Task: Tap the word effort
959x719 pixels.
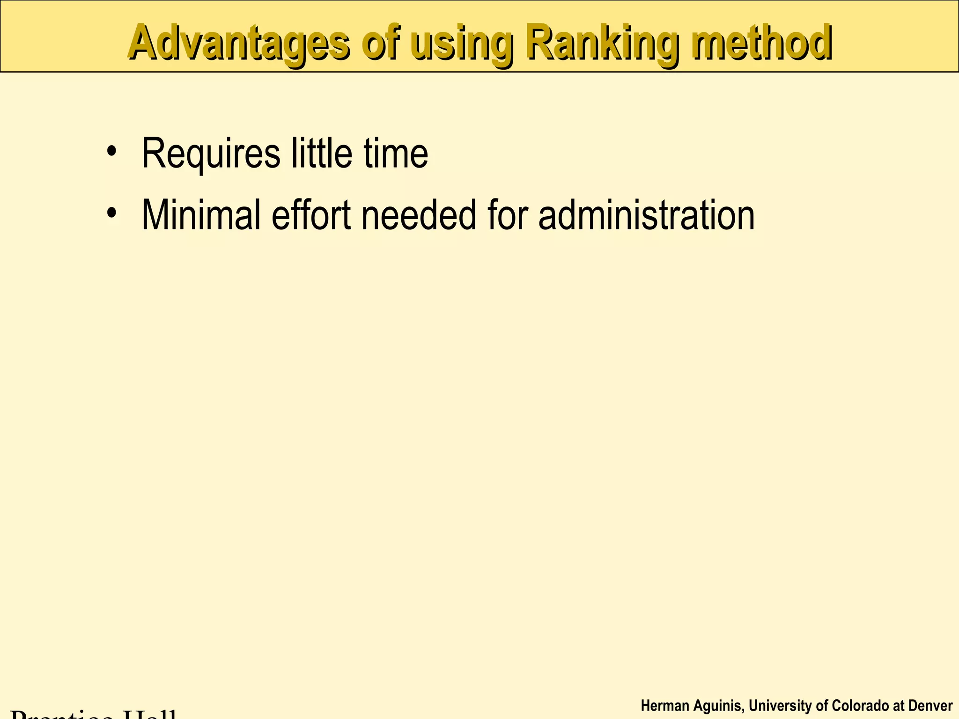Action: click(x=311, y=215)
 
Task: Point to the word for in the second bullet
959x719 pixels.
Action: click(x=508, y=215)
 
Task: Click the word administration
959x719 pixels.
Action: click(x=646, y=215)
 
